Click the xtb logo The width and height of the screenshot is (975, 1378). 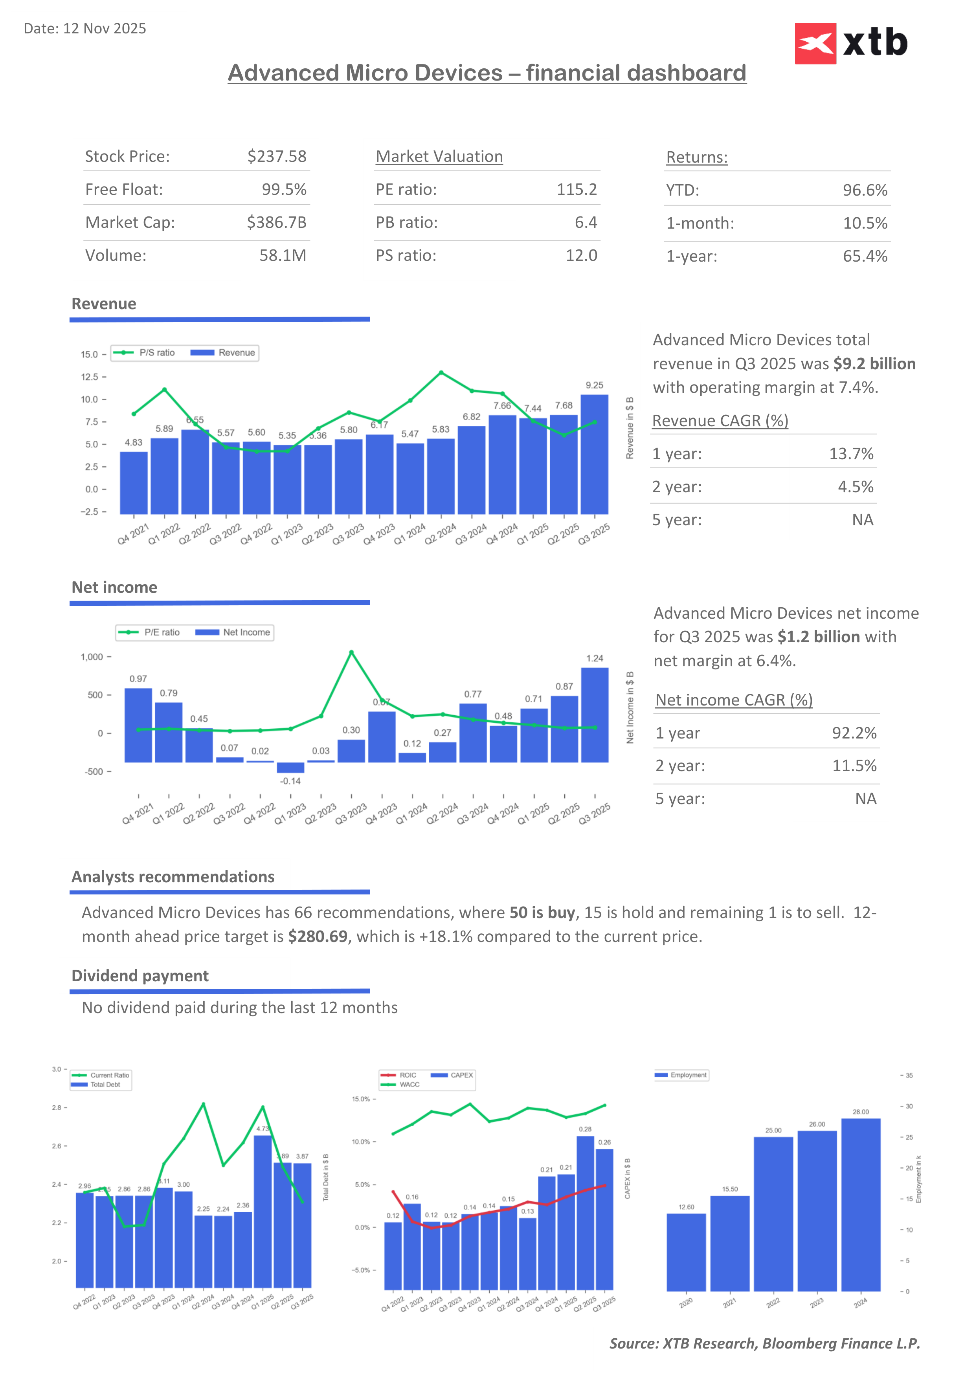click(x=851, y=43)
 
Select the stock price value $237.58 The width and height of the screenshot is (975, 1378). click(x=277, y=157)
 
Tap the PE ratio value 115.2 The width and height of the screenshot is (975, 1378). click(x=577, y=190)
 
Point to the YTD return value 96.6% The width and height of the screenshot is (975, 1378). click(x=865, y=190)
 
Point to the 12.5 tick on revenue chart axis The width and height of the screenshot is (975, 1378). click(x=90, y=377)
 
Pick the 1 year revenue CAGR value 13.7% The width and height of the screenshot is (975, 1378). click(x=851, y=454)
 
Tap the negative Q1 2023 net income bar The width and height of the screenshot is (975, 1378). click(x=290, y=767)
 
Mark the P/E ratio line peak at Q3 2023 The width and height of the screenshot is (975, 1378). click(x=351, y=652)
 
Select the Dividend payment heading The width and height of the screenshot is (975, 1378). click(x=140, y=976)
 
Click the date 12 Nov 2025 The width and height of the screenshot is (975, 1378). click(x=84, y=29)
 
